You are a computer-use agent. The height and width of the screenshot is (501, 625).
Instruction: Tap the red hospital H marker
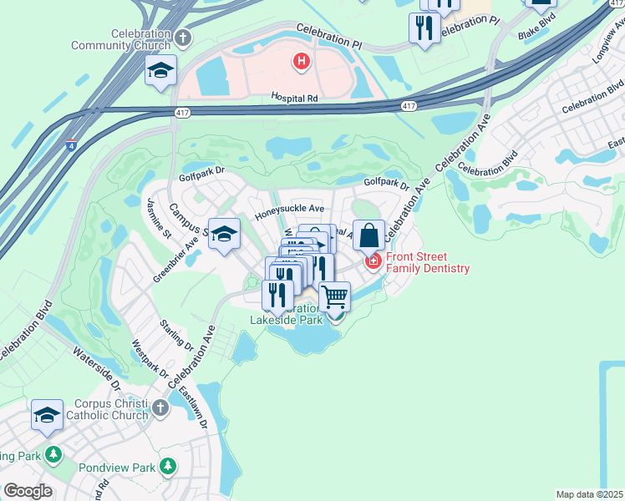(301, 61)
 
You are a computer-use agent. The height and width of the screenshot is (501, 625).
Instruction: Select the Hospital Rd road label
(294, 99)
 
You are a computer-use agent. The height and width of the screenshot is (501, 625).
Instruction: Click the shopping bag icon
(368, 236)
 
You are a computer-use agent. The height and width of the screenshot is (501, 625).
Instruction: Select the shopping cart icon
(334, 296)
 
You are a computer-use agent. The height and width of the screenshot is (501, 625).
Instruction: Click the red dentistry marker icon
(373, 263)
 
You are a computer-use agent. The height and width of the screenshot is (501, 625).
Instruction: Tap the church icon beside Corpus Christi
(160, 408)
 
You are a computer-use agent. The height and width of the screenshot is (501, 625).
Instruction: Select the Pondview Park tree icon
(168, 465)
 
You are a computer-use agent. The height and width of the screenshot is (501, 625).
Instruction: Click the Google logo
(28, 490)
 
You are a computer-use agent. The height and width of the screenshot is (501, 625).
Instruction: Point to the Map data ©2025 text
(590, 494)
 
